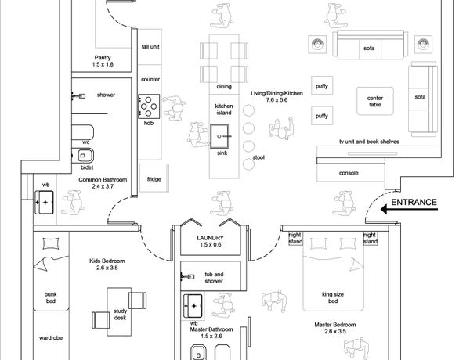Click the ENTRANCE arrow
coord(409,209)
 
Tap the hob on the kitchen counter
coord(149,106)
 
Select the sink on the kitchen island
coord(219,137)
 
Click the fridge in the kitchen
coord(154,178)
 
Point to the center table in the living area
coord(375,101)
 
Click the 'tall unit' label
coord(150,47)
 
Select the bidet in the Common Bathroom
coord(83,156)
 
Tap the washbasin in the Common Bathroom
coord(45,203)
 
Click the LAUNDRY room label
coord(210,241)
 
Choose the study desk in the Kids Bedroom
coord(119,311)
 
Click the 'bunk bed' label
coord(51,297)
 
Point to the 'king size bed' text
coord(333,297)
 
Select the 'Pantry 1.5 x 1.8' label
coord(103,61)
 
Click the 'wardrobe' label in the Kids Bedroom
coord(51,338)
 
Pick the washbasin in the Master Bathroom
coord(193,306)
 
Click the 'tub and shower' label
coord(214,278)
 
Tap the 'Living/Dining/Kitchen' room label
coord(277,93)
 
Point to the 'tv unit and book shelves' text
coord(369,142)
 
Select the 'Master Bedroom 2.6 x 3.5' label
coord(335,328)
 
